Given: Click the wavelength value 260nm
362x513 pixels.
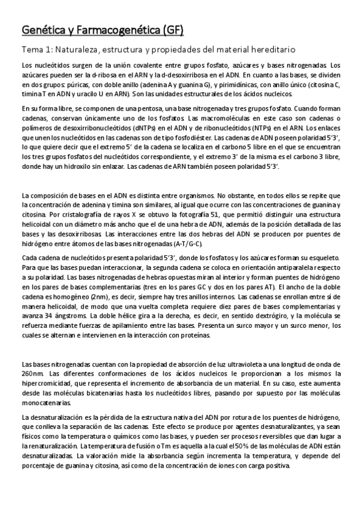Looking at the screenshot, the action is click(x=30, y=373).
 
